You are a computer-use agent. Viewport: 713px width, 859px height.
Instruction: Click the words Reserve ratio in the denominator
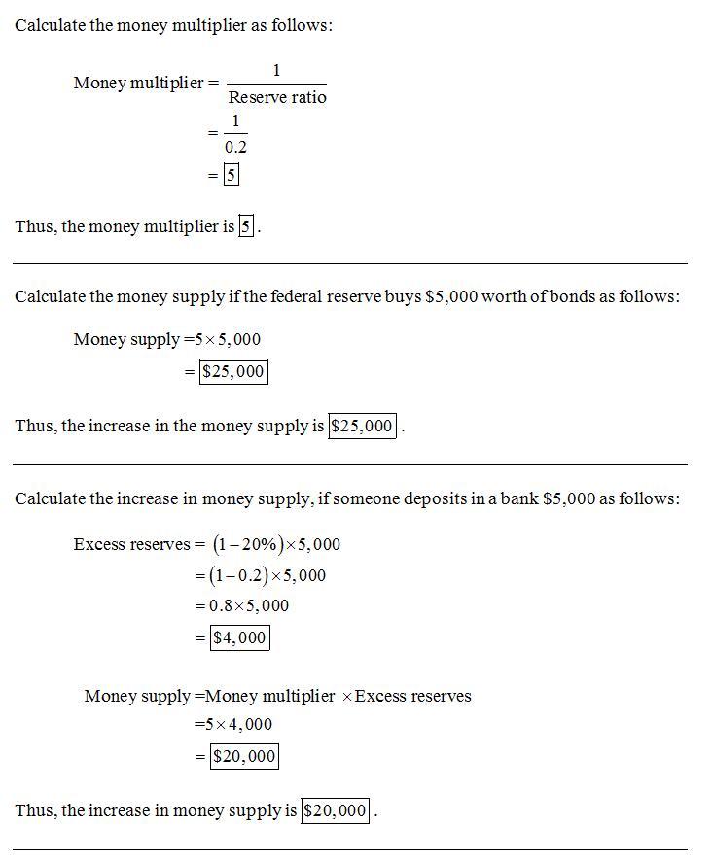tap(276, 97)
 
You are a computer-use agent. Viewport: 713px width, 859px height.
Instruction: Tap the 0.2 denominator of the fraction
tap(235, 147)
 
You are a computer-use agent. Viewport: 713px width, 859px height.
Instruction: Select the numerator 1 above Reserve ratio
tap(276, 70)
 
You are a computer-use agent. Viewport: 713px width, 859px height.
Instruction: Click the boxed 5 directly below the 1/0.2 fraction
tap(231, 175)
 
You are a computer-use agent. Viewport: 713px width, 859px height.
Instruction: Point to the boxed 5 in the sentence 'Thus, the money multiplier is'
tap(247, 226)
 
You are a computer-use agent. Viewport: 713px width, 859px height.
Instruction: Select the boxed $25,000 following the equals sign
tap(233, 371)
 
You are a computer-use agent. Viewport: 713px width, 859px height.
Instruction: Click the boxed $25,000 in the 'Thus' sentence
tap(363, 426)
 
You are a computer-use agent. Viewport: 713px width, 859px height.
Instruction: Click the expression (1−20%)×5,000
tap(276, 544)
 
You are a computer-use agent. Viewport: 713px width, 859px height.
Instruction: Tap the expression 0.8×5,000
tap(249, 605)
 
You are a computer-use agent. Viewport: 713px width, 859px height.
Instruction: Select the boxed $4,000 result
tap(238, 637)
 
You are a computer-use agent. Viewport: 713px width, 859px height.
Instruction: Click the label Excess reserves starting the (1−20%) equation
tap(131, 544)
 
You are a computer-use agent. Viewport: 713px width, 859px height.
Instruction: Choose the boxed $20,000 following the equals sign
tap(244, 756)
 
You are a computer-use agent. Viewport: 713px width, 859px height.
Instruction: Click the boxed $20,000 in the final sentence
tap(336, 810)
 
